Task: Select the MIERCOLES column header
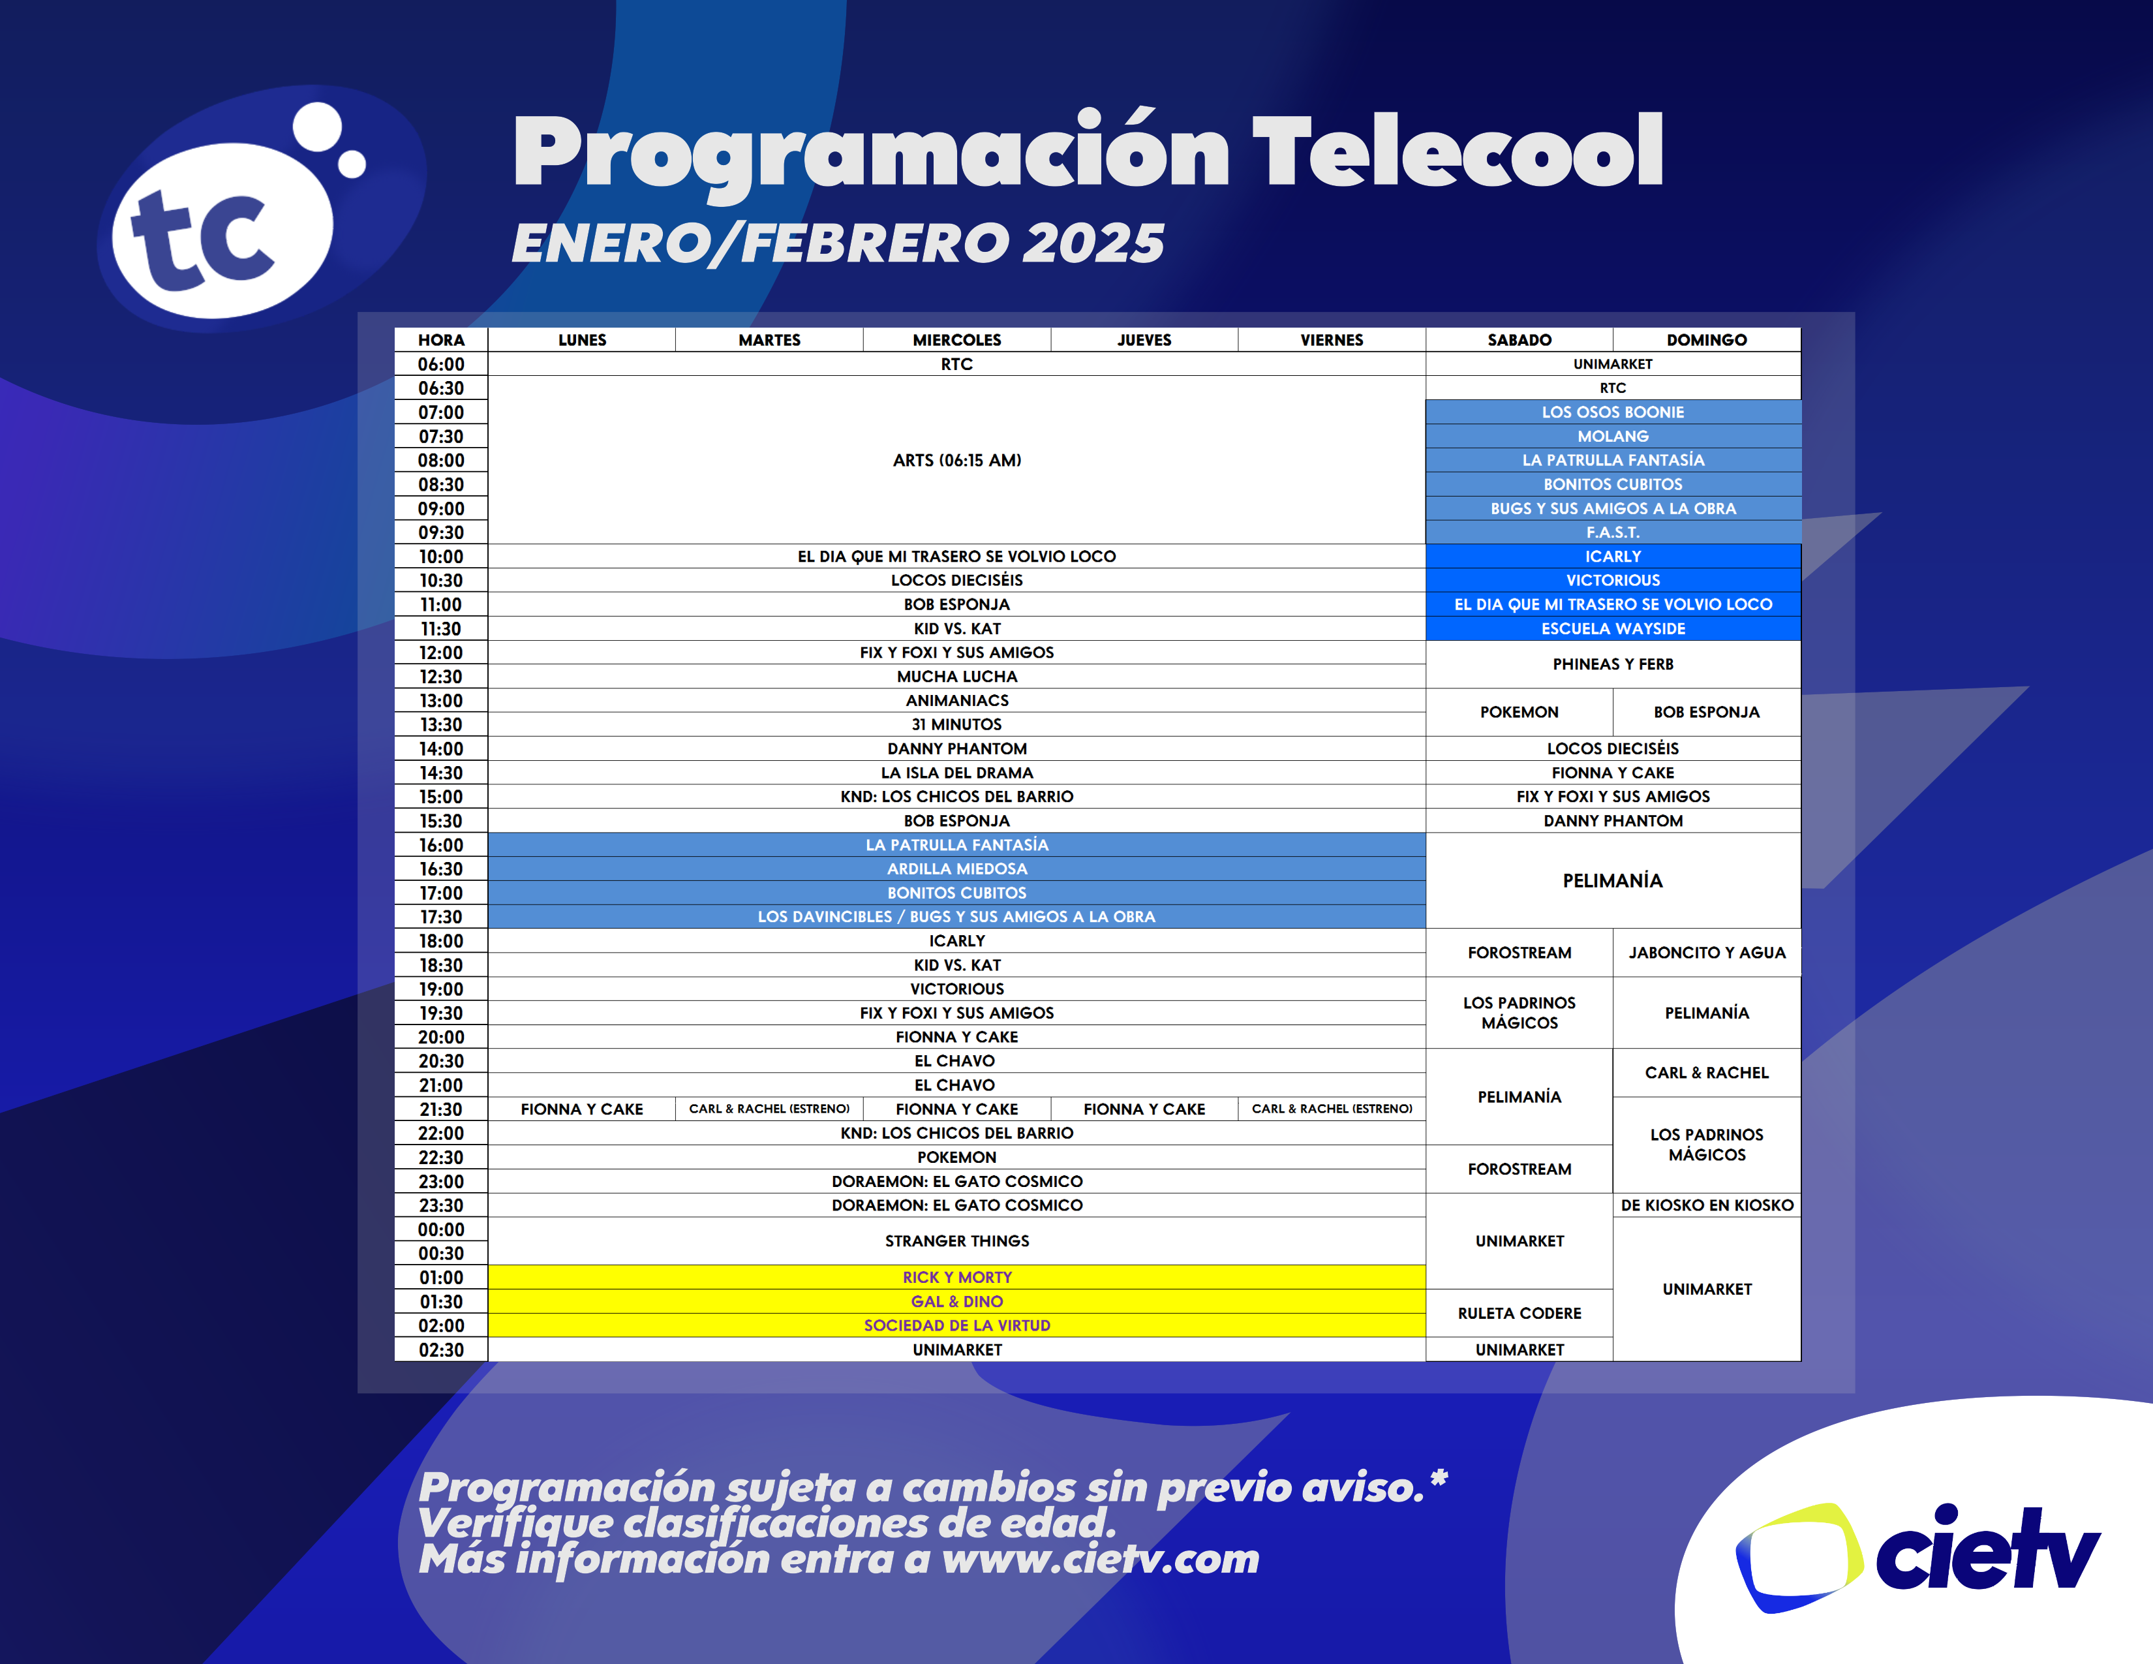pos(956,340)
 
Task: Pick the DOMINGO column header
pos(1707,340)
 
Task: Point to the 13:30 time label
pos(440,724)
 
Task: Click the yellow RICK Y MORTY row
pos(956,1278)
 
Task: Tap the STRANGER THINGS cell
pos(956,1241)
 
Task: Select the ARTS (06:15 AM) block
pos(956,460)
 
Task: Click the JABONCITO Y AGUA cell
pos(1707,952)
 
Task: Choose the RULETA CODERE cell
pos(1519,1313)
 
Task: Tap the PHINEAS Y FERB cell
pos(1613,664)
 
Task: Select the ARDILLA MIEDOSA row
pos(956,869)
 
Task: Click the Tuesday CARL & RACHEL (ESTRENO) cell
pos(769,1109)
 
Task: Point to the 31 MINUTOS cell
pos(956,724)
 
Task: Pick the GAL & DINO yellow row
pos(956,1301)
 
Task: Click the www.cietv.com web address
pos(1100,1560)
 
